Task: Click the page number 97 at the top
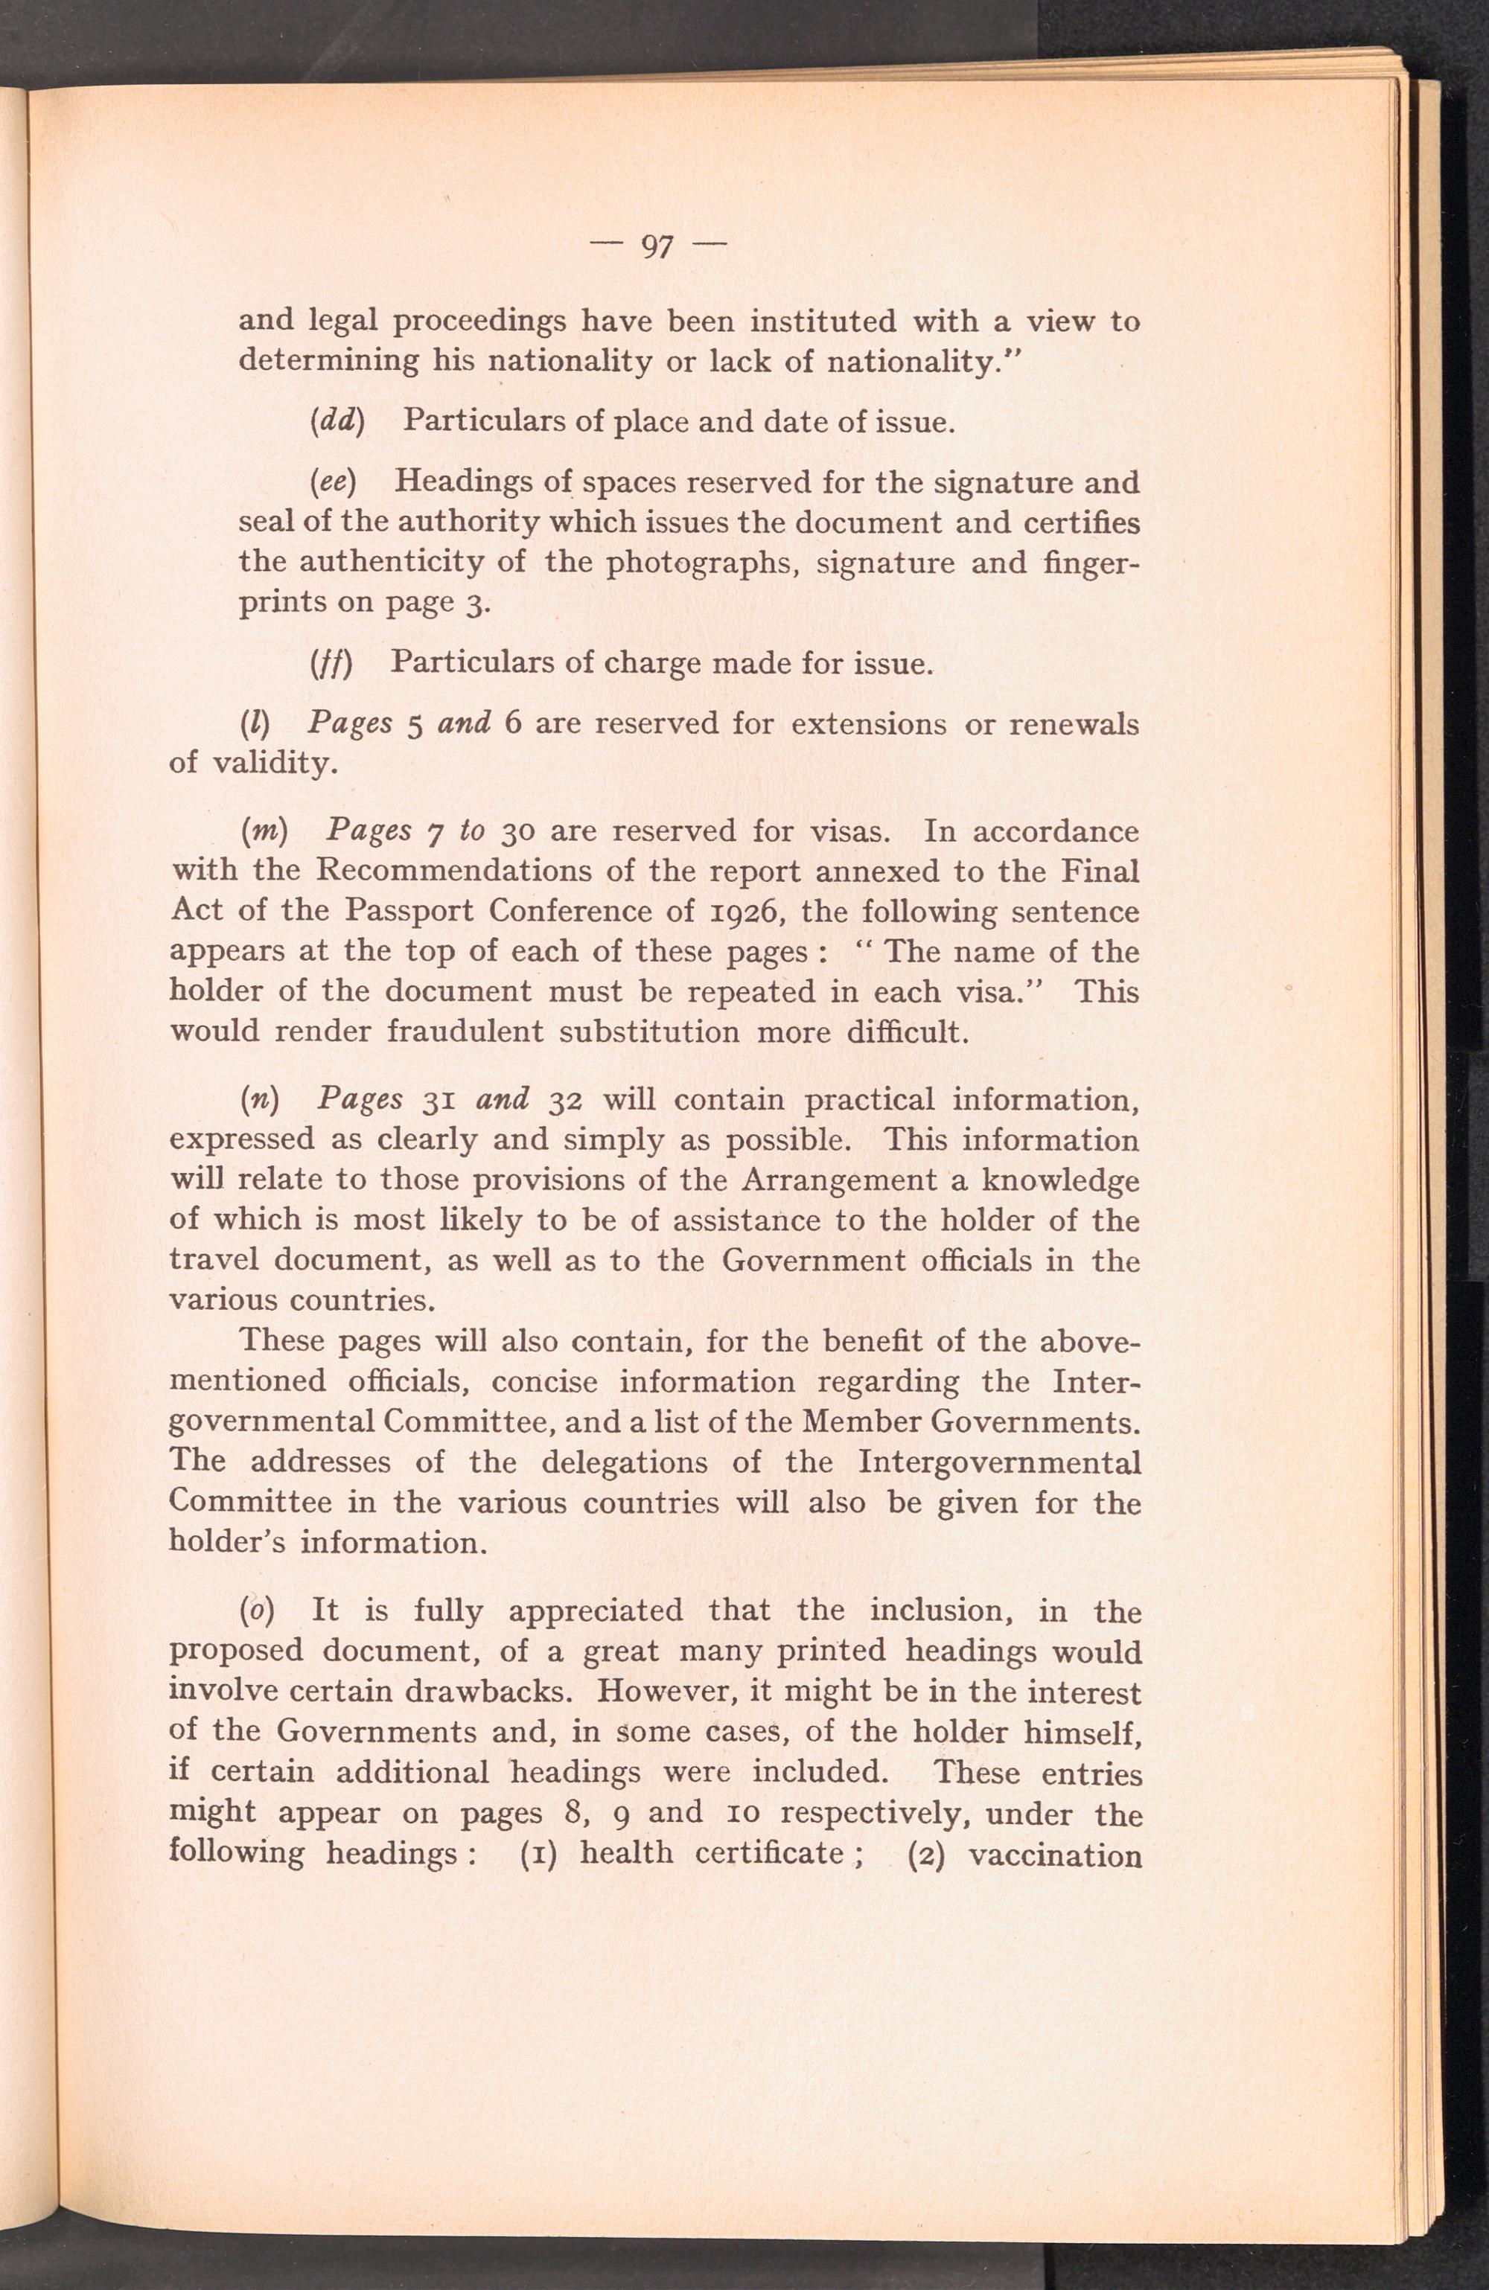coord(657,247)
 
